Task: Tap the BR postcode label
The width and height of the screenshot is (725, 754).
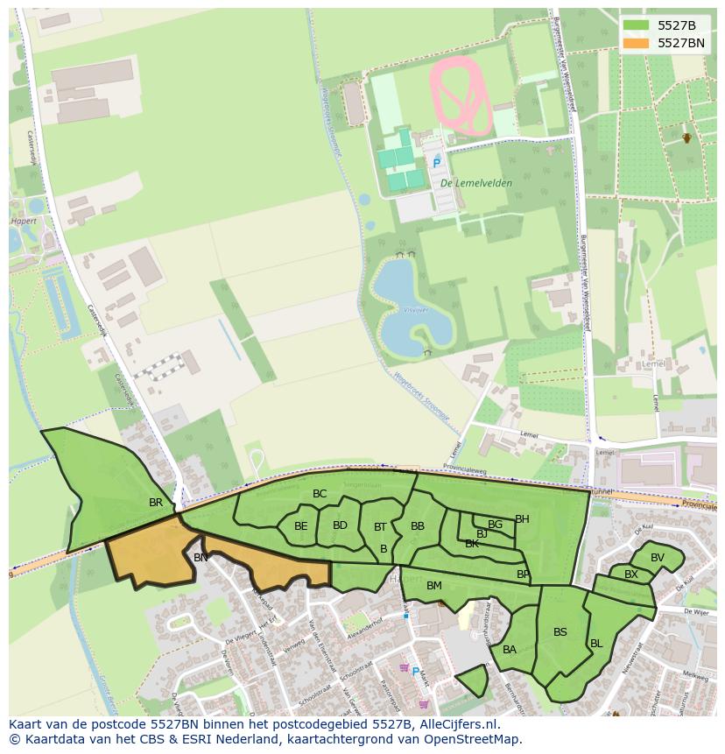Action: (156, 503)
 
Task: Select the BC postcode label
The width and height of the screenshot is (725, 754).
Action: (320, 494)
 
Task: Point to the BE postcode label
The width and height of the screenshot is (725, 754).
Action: (301, 526)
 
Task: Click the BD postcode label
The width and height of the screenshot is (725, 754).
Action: (341, 525)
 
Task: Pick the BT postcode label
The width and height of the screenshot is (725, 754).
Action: (380, 527)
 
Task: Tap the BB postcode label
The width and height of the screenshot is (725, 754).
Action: (418, 526)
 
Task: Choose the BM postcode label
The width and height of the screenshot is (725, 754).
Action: (434, 585)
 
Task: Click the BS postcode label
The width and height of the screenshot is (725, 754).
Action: (560, 631)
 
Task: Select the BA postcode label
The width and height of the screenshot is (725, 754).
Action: (510, 649)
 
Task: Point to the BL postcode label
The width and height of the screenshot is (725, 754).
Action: (596, 643)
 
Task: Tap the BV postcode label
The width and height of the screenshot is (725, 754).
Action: (658, 558)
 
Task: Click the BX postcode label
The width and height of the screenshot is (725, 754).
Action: (631, 574)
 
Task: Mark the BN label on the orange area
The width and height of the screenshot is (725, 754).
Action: (201, 557)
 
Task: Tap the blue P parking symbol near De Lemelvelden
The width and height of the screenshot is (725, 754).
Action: (436, 163)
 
